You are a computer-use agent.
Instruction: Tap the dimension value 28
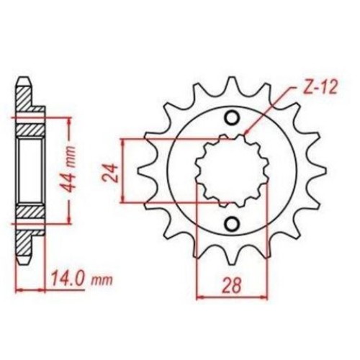[x=232, y=286]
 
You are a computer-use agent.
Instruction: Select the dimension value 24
[x=111, y=174]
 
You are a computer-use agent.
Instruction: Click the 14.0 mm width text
[x=81, y=279]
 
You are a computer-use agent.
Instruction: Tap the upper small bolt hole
[x=232, y=118]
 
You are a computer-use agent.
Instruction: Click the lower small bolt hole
[x=232, y=224]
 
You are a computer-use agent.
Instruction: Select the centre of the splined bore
[x=232, y=170]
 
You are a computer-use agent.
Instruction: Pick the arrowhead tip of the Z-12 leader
[x=244, y=133]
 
